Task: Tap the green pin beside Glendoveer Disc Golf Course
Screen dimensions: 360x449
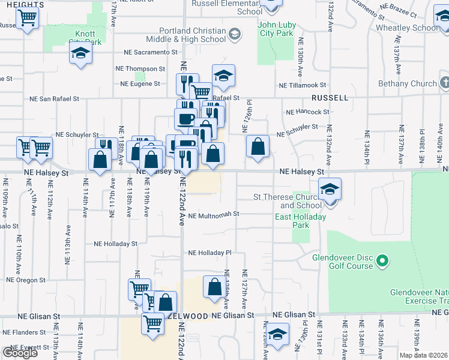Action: [381, 261]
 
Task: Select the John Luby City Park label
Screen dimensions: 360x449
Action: [276, 29]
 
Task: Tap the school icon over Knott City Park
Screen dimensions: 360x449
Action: [79, 54]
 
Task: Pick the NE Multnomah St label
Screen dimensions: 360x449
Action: [214, 214]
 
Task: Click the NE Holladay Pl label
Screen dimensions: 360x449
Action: [210, 253]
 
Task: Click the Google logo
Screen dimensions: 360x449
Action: [20, 353]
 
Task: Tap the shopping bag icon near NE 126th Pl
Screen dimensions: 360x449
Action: [258, 147]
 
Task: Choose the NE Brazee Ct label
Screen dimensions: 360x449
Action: [402, 11]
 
